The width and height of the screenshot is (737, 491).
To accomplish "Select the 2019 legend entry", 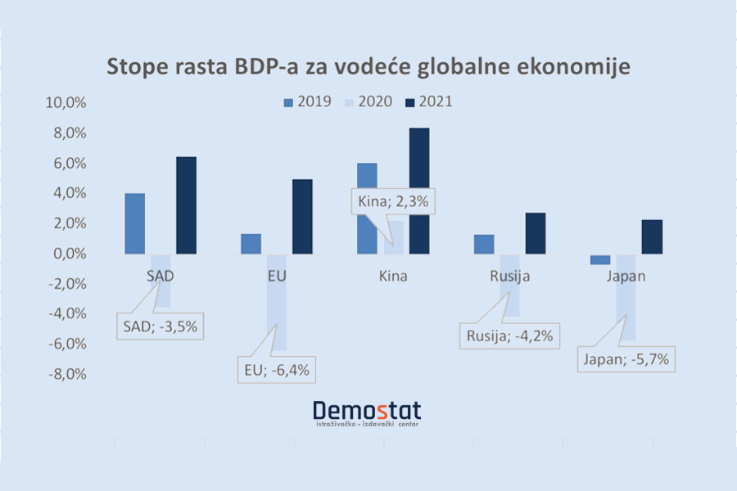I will (x=307, y=102).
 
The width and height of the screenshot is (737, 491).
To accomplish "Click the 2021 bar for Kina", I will (x=419, y=191).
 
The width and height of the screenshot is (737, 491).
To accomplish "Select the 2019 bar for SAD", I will (x=134, y=223).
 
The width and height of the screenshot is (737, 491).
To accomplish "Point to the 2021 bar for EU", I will (x=302, y=216).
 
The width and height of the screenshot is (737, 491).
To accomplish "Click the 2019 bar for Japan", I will (x=600, y=259).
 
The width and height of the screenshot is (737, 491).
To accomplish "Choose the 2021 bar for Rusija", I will (x=536, y=233).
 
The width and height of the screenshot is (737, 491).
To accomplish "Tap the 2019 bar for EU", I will (x=251, y=244).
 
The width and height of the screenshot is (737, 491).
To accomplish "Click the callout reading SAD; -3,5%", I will (x=161, y=327).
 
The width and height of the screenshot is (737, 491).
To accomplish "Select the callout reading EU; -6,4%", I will (x=275, y=369).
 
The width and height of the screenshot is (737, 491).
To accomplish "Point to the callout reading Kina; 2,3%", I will (x=391, y=200).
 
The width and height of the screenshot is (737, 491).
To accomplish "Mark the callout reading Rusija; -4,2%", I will (x=510, y=335).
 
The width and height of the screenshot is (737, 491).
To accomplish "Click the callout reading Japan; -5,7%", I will (x=627, y=358).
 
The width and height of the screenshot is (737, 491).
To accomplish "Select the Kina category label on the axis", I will (x=393, y=276).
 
